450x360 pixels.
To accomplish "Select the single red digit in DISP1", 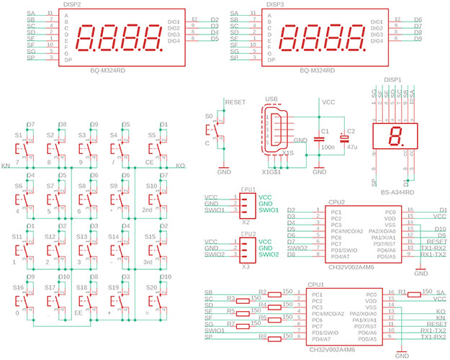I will coord(395,135).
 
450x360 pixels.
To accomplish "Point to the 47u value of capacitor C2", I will coord(352,146).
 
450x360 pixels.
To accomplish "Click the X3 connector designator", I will coord(246,266).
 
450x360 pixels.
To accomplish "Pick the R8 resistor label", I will coord(262,336).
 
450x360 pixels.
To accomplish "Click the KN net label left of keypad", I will coord(6,166).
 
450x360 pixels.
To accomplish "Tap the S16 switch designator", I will coord(19,287).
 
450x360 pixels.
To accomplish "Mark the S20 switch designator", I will coord(151,287).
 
